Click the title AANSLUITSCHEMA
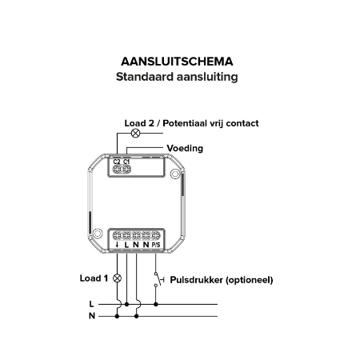pos(177,62)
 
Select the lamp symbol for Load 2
pos(135,133)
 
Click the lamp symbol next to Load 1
pos(117,278)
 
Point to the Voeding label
pos(185,148)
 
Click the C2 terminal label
pos(117,162)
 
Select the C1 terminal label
pos(126,162)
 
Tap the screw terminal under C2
pos(117,169)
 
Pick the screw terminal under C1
pos(126,169)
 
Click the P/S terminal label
pos(156,245)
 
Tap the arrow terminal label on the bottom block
pos(117,245)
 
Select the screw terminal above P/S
pos(156,235)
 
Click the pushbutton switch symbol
pos(158,279)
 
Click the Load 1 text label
pos(94,278)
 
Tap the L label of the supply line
pos(91,304)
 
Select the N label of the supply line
pos(92,316)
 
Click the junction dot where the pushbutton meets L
pos(156,304)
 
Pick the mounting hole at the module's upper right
pos(175,174)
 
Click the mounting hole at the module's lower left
pos(98,234)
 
